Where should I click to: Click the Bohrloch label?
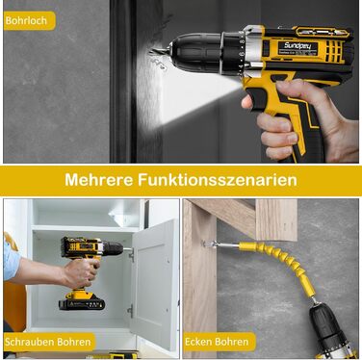(26, 21)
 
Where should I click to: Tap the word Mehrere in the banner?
(98, 180)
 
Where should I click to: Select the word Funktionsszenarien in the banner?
(218, 180)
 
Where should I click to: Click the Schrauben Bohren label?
(48, 342)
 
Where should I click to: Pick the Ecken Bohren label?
(217, 342)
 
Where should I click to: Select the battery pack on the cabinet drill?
(82, 302)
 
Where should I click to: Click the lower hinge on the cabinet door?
(130, 311)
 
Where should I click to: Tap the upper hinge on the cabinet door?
(131, 256)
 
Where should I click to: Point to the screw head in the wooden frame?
(204, 243)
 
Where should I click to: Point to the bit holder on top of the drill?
(322, 32)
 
